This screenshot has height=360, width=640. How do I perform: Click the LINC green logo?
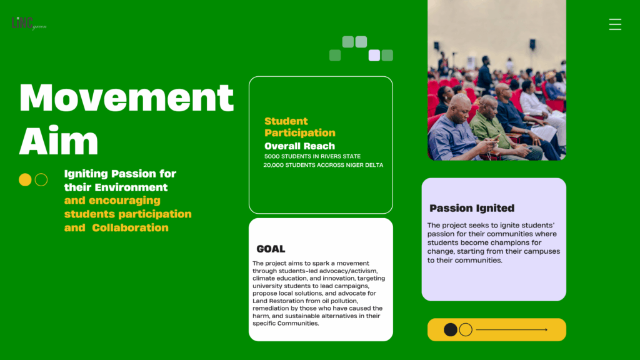(29, 23)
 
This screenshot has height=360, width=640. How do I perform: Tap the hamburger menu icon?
(615, 24)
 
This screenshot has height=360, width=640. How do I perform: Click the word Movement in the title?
(126, 97)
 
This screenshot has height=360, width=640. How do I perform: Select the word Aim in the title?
(59, 141)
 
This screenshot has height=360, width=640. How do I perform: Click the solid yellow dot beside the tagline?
(25, 179)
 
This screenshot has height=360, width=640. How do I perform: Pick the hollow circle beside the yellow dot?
(41, 179)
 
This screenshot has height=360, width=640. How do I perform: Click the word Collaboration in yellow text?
(130, 227)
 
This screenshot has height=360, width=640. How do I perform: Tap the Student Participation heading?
(299, 127)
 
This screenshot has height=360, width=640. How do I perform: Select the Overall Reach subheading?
(299, 146)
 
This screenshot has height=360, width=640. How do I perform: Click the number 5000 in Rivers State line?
(272, 156)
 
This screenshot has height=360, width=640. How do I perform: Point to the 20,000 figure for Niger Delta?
(273, 165)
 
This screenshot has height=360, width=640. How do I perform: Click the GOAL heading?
(271, 249)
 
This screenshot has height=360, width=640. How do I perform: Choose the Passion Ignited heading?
(472, 208)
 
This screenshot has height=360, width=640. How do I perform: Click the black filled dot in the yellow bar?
(450, 330)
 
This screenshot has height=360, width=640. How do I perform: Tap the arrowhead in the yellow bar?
(546, 330)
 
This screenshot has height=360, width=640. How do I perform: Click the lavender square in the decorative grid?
(374, 55)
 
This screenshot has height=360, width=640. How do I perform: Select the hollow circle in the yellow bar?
(466, 330)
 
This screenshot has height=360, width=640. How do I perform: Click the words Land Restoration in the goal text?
(278, 301)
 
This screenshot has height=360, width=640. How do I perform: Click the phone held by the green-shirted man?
(496, 138)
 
